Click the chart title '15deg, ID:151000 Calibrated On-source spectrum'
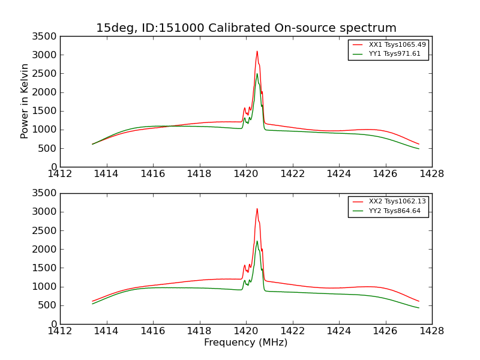(246, 28)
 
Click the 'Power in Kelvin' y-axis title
(25, 101)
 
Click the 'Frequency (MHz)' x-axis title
(246, 343)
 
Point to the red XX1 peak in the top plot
(257, 52)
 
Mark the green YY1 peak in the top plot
(257, 74)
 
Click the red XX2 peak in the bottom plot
(257, 209)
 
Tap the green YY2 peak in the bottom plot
(257, 241)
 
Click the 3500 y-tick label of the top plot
(46, 37)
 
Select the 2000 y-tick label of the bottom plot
(46, 250)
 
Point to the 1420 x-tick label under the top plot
(246, 174)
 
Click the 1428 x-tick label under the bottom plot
(431, 331)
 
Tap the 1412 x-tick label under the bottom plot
(61, 331)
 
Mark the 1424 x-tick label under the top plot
(338, 174)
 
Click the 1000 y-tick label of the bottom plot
(46, 287)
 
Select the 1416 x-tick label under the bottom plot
(153, 331)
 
